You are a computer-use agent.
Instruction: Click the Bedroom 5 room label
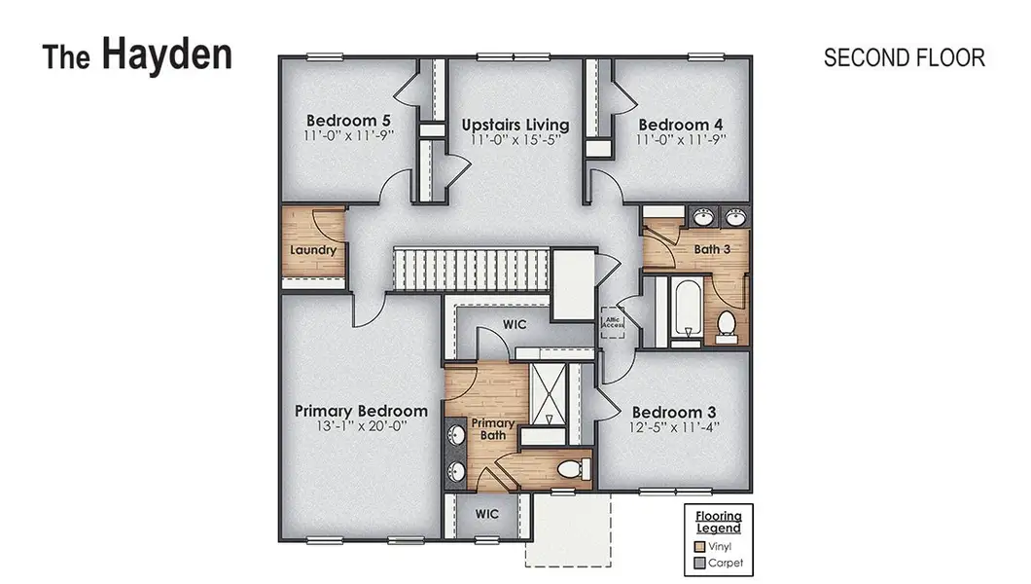(x=341, y=124)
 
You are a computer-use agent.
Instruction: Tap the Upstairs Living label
(x=515, y=125)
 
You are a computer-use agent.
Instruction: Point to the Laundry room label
(x=313, y=250)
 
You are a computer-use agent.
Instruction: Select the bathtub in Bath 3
(x=684, y=310)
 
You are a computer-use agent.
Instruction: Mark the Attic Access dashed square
(x=612, y=322)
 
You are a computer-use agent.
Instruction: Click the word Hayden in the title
(x=166, y=55)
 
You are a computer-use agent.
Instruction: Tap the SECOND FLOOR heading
(x=904, y=57)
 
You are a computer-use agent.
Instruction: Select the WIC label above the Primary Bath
(x=515, y=324)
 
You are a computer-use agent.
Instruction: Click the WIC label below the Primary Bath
(x=487, y=513)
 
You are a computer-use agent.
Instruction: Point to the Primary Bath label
(x=493, y=429)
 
